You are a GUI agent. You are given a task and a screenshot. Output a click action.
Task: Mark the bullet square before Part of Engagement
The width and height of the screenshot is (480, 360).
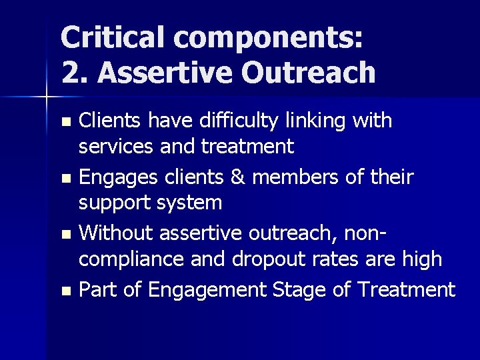pyautogui.click(x=65, y=291)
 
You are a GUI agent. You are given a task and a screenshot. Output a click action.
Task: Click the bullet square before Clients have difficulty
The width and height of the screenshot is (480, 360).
pyautogui.click(x=65, y=123)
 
